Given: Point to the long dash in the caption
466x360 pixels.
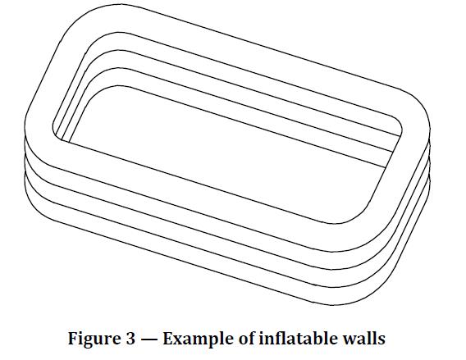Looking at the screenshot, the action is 151,339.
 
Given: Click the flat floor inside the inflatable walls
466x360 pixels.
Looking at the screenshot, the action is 226,154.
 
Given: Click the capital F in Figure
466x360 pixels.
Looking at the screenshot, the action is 73,338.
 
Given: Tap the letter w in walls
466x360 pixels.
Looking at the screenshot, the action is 350,340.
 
